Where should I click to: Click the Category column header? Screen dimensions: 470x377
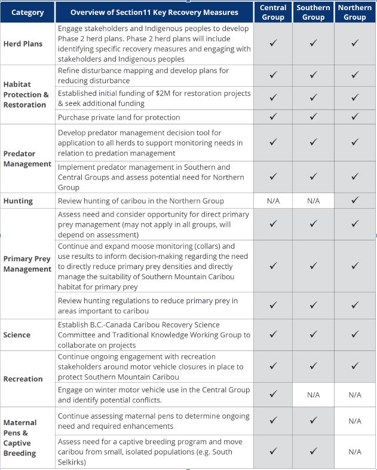click(x=27, y=12)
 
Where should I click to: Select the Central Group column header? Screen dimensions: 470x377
click(x=273, y=12)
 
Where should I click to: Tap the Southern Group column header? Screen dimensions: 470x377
click(x=314, y=12)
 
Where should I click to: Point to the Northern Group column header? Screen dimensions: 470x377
click(x=355, y=12)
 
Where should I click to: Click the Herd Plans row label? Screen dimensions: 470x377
click(x=23, y=44)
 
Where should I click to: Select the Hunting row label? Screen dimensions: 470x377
click(x=19, y=200)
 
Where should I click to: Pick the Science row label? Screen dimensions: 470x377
click(x=17, y=335)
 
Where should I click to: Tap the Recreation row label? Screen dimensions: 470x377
click(x=23, y=379)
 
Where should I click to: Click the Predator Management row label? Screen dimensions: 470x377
click(x=27, y=158)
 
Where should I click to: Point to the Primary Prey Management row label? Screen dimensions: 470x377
click(x=27, y=264)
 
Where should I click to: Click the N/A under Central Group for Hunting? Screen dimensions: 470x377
click(x=273, y=201)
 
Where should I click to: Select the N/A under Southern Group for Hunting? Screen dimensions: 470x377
click(x=314, y=201)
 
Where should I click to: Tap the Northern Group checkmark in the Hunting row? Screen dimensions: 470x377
click(x=355, y=200)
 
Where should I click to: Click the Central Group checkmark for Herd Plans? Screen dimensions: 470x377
click(x=273, y=44)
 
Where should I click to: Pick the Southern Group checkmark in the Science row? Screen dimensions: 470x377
click(x=314, y=335)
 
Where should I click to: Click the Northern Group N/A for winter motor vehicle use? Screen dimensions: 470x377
click(x=355, y=395)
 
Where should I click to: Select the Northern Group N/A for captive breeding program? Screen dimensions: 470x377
click(x=355, y=451)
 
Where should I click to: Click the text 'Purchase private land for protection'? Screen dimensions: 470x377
click(x=119, y=117)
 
